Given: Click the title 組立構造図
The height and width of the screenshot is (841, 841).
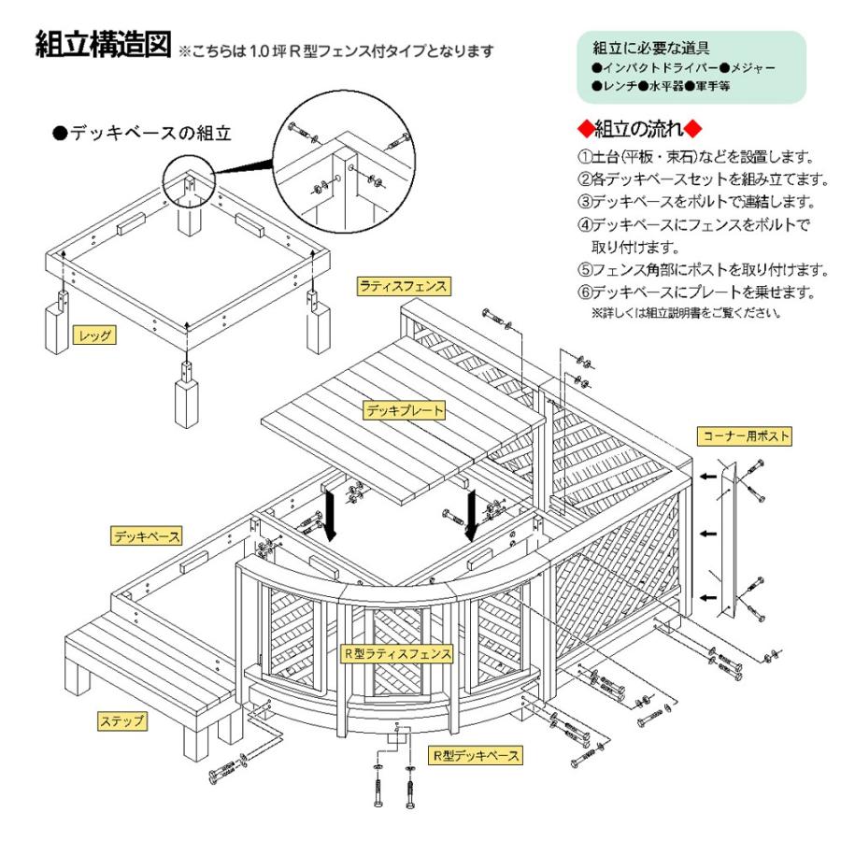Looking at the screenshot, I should point(102,44).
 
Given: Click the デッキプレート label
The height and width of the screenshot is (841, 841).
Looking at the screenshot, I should point(404,409).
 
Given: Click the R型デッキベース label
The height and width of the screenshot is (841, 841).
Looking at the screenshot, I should point(476,753).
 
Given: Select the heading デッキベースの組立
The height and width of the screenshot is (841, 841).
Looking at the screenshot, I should point(142,135).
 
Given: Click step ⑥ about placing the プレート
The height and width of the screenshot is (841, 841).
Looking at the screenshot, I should point(695,292).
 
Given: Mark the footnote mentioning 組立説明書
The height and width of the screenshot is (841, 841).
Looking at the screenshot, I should point(686,313).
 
